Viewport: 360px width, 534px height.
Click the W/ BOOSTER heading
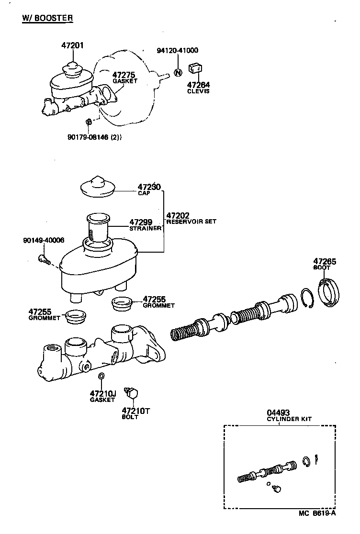(x=47, y=18)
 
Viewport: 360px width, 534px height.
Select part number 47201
(x=72, y=46)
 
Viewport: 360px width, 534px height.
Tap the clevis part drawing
(x=194, y=70)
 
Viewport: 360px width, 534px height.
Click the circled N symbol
(x=178, y=73)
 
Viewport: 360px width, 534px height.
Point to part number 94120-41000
(x=178, y=50)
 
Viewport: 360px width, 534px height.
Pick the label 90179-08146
(x=89, y=137)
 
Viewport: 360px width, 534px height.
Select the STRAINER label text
(x=145, y=229)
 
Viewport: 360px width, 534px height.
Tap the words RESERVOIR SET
(x=191, y=222)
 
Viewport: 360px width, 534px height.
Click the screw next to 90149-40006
(x=43, y=259)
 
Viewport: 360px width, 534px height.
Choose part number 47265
(x=325, y=261)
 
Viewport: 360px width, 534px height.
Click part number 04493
(x=278, y=412)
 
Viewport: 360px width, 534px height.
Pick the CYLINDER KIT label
(x=289, y=419)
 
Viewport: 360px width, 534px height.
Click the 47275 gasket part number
(x=124, y=75)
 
